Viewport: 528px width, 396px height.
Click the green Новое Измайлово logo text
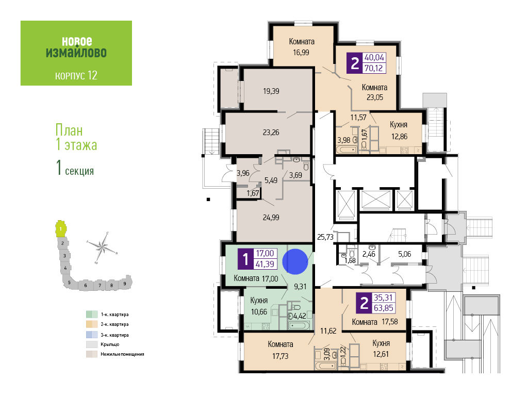click(76, 47)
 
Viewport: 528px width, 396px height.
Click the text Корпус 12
click(76, 75)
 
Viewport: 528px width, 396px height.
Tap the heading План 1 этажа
click(76, 137)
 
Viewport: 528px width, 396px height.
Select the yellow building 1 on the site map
click(61, 229)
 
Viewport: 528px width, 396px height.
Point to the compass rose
click(102, 247)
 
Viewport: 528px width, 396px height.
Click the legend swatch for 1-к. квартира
click(92, 315)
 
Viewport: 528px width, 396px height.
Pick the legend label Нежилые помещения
click(122, 354)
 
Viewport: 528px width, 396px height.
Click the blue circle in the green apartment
click(295, 261)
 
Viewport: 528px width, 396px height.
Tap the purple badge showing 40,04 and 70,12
click(367, 63)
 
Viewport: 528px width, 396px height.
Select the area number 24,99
click(271, 218)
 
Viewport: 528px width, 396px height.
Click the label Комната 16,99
click(301, 47)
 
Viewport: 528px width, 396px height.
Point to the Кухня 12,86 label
click(399, 130)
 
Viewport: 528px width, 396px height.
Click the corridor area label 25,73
click(325, 237)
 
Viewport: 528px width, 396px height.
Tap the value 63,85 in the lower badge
click(383, 308)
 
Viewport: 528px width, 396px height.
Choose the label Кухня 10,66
click(259, 306)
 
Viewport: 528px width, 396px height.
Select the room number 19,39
click(271, 91)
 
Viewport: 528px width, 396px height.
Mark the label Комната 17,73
click(280, 350)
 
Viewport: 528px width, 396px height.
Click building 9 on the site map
click(125, 283)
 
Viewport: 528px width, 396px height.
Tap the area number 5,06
click(404, 254)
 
